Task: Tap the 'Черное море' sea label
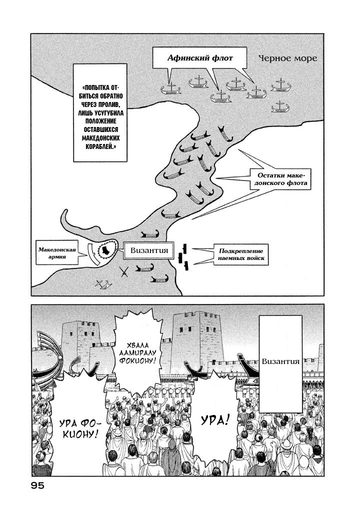click(x=287, y=58)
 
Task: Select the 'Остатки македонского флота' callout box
click(x=284, y=179)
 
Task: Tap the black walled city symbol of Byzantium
click(x=106, y=250)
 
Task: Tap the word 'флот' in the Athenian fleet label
click(x=222, y=58)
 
